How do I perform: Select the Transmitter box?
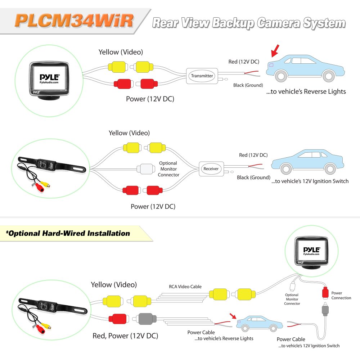(x=202, y=76)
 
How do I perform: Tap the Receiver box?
(x=211, y=168)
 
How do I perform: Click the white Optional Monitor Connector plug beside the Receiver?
(x=145, y=168)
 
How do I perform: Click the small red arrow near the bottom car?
(x=233, y=316)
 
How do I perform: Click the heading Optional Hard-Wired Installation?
(x=68, y=233)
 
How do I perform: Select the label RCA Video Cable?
(x=185, y=287)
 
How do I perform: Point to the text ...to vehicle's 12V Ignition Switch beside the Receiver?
(x=310, y=181)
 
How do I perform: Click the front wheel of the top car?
(x=327, y=76)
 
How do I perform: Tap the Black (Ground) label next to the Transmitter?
(x=248, y=85)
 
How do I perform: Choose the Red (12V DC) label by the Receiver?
(x=253, y=155)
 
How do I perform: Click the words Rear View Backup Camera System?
(x=248, y=23)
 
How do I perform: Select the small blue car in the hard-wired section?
(x=257, y=323)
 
